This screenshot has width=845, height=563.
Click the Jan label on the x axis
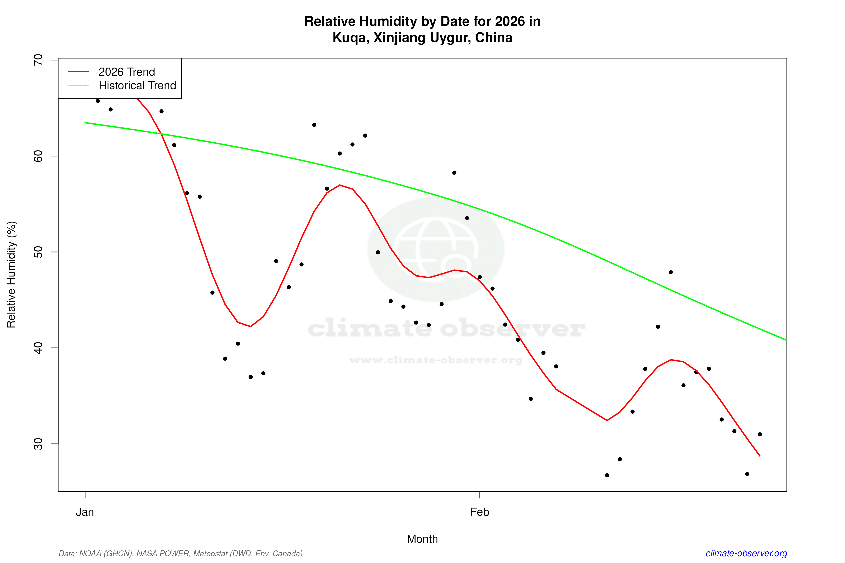click(x=85, y=512)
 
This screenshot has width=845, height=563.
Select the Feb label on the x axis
click(x=480, y=512)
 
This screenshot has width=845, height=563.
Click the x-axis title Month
click(x=422, y=539)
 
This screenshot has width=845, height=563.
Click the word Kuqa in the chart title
click(x=349, y=38)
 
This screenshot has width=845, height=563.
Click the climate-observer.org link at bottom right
click(x=746, y=553)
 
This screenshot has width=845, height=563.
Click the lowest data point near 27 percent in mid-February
click(x=607, y=475)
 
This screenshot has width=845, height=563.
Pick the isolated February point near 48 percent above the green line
click(x=670, y=272)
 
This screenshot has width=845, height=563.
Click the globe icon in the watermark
click(x=436, y=249)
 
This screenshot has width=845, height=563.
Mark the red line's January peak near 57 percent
click(x=340, y=185)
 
